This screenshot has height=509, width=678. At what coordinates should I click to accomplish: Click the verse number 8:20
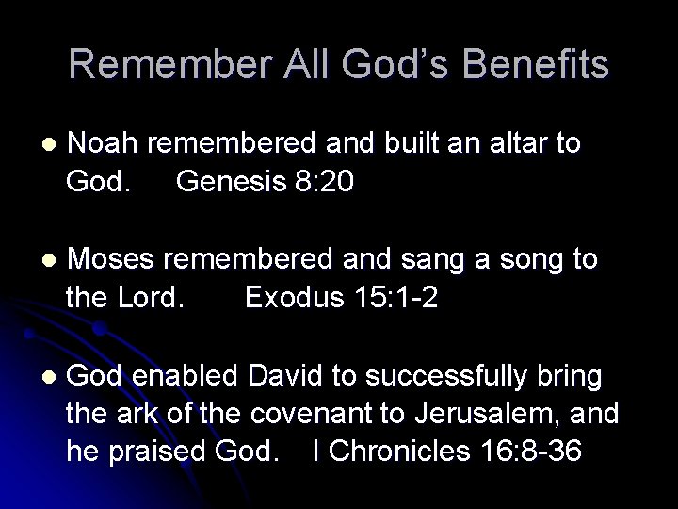coord(325,181)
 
